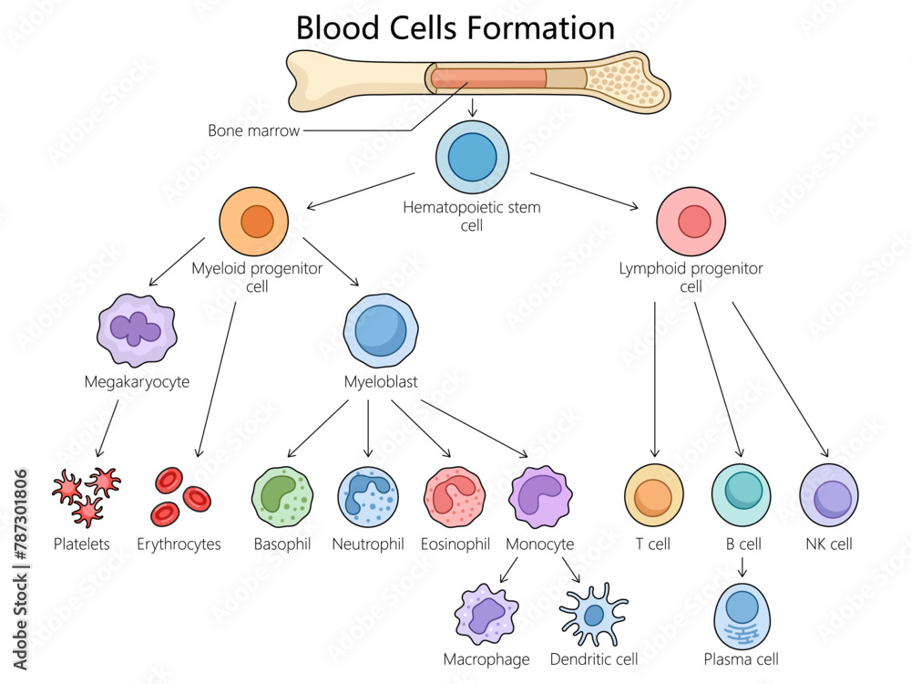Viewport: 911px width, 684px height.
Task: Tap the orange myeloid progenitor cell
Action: pyautogui.click(x=254, y=222)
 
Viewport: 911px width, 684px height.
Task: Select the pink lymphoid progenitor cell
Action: pyautogui.click(x=691, y=221)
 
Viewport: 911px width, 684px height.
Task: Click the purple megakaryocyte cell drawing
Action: pyautogui.click(x=137, y=330)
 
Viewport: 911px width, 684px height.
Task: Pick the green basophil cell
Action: pyautogui.click(x=282, y=497)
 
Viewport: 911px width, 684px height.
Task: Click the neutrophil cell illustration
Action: pyautogui.click(x=368, y=497)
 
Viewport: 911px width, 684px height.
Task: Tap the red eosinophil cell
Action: pyautogui.click(x=454, y=497)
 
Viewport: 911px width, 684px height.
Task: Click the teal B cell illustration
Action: pyautogui.click(x=742, y=495)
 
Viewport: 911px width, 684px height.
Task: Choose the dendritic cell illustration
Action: pyautogui.click(x=593, y=615)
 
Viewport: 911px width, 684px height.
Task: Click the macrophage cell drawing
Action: pyautogui.click(x=486, y=615)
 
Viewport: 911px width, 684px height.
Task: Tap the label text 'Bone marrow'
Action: pyautogui.click(x=253, y=130)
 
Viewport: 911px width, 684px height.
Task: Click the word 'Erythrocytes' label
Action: pyautogui.click(x=179, y=544)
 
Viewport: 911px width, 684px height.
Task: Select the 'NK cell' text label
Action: pyautogui.click(x=829, y=544)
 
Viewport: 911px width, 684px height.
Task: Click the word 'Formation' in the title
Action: pyautogui.click(x=541, y=27)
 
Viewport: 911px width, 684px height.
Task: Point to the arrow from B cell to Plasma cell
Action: pyautogui.click(x=742, y=567)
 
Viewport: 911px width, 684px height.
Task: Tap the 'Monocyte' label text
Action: pyautogui.click(x=539, y=544)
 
